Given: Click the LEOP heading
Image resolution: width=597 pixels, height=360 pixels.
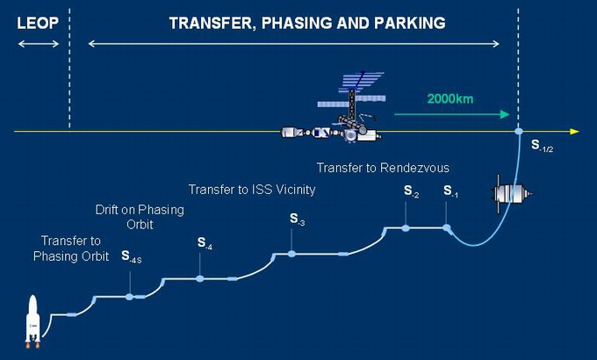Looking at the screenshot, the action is coord(38,23).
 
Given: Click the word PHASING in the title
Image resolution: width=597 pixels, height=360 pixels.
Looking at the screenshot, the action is coord(297,23).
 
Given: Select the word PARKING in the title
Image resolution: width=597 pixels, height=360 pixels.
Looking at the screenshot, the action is coord(410,23).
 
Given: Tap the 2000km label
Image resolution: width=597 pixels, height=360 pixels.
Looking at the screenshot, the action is coord(450,99).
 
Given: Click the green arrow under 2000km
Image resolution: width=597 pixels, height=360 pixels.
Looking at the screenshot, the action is coord(451,114).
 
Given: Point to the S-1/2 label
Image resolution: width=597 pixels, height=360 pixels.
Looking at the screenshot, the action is coord(542,146).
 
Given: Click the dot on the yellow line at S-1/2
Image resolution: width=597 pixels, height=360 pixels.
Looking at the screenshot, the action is coord(519,132).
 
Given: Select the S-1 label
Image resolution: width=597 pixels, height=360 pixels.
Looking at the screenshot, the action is coord(450,191).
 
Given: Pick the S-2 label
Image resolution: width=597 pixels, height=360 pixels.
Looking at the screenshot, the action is coord(411,191).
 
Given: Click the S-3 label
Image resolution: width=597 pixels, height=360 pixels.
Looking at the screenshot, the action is coord(297,219).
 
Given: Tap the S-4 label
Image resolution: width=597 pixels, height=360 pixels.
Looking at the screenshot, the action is coord(205,243).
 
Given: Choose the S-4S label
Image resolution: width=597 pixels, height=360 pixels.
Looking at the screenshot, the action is coord(132,256).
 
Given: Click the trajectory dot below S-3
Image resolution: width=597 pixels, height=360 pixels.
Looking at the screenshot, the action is coord(291,254).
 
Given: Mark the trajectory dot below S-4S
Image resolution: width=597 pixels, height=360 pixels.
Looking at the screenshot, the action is coord(130,297).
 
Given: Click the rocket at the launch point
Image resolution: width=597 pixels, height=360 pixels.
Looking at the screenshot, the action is coord(32,320).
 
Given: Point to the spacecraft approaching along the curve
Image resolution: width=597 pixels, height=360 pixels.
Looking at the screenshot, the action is coord(512,194).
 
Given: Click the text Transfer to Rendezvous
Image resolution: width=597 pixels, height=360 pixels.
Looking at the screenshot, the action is coord(383,168).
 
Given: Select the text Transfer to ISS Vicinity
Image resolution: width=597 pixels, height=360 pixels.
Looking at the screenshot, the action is coord(252,190).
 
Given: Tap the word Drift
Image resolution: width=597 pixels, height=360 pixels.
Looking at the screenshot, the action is coord(106,210).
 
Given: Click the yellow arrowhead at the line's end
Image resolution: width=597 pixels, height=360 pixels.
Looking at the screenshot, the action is coord(574,132).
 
